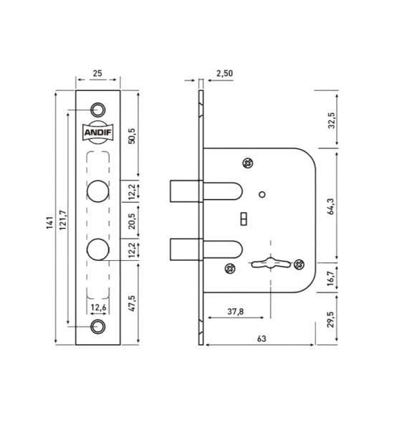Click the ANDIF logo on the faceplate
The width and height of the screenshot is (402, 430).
pos(98,133)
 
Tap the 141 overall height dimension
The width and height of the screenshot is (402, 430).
pos(49,223)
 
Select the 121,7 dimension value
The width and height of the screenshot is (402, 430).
pos(63,220)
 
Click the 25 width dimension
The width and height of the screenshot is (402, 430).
pos(97,73)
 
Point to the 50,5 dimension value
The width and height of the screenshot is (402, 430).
pos(132,136)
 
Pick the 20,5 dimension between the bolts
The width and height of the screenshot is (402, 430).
pos(132,221)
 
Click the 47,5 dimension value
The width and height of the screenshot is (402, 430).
pos(132,303)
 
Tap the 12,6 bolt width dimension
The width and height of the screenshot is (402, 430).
pos(98,307)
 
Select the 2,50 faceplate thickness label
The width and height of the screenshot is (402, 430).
pos(224,73)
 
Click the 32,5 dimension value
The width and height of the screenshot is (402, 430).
pos(332,120)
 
